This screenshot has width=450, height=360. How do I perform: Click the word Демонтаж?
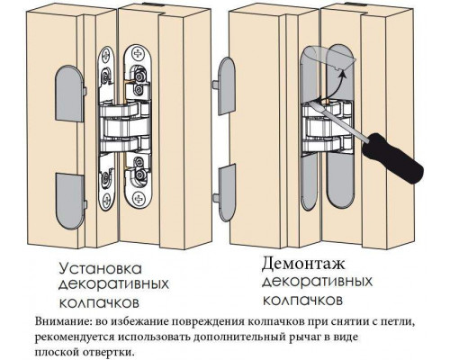pos(303,264)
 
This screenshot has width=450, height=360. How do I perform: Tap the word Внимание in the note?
pos(61,321)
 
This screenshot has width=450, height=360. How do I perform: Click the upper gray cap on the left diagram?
pos(70,93)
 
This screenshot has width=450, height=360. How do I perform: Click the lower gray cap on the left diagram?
pos(70,201)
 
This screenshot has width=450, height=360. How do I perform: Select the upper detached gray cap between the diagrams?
pos(224,86)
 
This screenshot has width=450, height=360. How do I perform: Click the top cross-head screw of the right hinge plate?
pos(138,54)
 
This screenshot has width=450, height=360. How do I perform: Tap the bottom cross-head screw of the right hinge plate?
pos(138,198)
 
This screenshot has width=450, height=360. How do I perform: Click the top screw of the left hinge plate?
pos(106,55)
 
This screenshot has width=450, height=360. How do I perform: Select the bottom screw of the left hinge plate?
pos(106,199)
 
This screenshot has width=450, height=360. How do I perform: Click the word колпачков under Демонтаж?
pos(303,300)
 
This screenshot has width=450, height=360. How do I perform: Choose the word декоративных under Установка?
pos(113,283)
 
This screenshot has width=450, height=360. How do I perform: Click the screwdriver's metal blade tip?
pos(312,101)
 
